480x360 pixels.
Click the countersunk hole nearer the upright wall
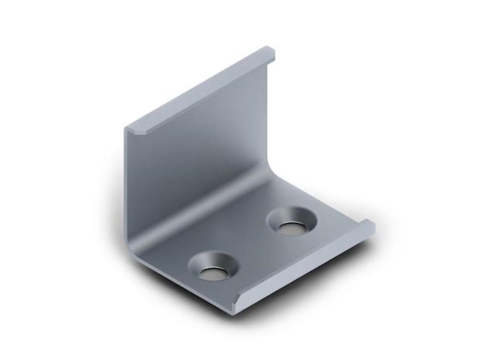tap(291, 221)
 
